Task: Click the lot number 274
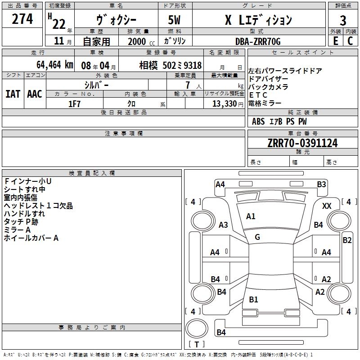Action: (22, 19)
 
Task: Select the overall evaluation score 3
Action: (343, 21)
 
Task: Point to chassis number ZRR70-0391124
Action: (302, 144)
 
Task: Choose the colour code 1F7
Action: (74, 103)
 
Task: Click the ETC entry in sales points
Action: (258, 95)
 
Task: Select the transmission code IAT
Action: (13, 94)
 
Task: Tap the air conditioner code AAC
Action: (35, 94)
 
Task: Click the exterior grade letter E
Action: (335, 41)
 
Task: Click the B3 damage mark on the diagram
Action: (321, 184)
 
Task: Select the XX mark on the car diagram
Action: (327, 206)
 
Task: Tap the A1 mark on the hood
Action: (251, 216)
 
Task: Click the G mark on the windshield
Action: (257, 237)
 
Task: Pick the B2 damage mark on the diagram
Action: (347, 240)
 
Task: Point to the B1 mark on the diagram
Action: (253, 299)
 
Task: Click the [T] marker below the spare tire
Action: (197, 345)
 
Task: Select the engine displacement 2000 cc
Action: (138, 41)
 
